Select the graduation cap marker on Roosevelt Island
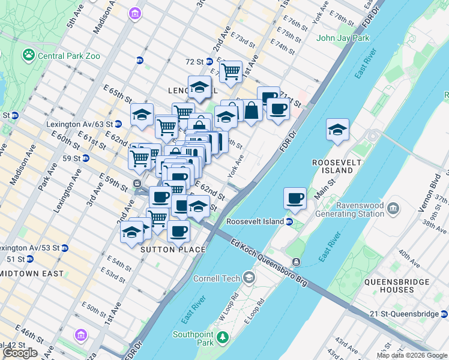[x=337, y=129]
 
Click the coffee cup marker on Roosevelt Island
[x=294, y=199]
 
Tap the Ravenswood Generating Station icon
[x=394, y=209]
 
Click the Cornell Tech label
[x=216, y=278]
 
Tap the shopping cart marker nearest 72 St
[x=231, y=72]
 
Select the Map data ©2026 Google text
[x=412, y=355]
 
